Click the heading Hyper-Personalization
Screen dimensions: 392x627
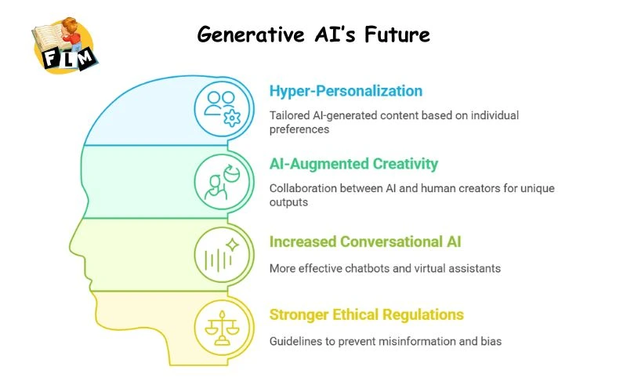click(346, 91)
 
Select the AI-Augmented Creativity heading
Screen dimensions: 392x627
click(353, 164)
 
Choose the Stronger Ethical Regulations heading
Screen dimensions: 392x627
click(366, 314)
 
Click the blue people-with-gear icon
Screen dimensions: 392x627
click(221, 107)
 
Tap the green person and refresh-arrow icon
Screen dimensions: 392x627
click(221, 181)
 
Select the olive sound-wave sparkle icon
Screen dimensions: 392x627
click(221, 254)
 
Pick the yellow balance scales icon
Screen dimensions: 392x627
click(221, 327)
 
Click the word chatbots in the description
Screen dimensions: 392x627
click(368, 268)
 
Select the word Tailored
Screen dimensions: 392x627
click(289, 115)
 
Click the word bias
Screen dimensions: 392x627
click(491, 341)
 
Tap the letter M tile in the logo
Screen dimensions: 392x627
click(85, 56)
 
